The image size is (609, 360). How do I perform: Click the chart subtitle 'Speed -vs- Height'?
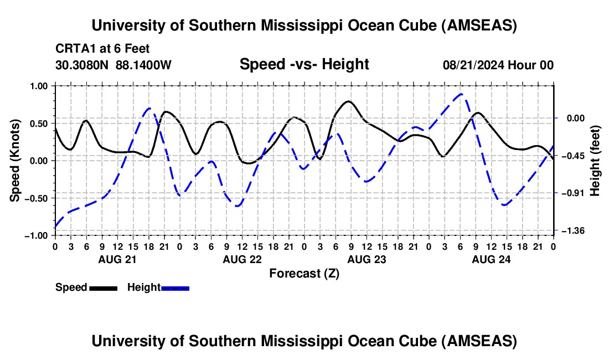[x=304, y=65]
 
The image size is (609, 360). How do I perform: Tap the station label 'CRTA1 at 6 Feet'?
[x=102, y=49]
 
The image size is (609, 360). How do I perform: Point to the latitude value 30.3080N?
[x=83, y=65]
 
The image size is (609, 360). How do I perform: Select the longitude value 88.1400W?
[x=143, y=65]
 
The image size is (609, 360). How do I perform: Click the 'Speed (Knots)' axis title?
[x=16, y=161]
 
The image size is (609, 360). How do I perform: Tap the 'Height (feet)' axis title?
[x=595, y=161]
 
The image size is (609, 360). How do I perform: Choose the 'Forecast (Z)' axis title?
[x=304, y=273]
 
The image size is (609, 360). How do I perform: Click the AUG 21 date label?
[x=117, y=259]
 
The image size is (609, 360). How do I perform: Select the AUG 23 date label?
[x=366, y=259]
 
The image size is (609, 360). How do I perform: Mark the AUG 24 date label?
[x=491, y=259]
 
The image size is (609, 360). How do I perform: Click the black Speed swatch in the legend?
[x=103, y=288]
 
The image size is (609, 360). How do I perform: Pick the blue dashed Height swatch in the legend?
[x=176, y=288]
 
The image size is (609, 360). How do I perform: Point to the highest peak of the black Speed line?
[x=348, y=101]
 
